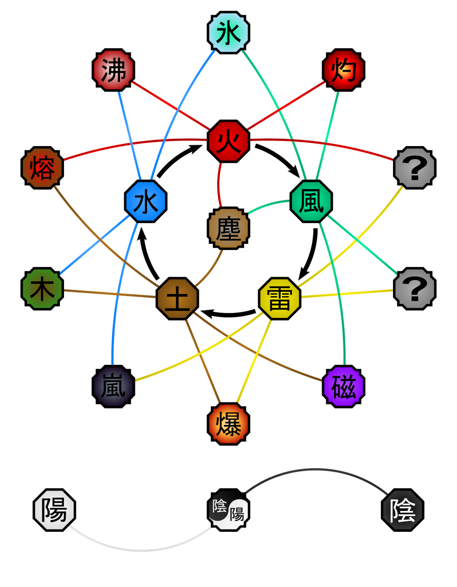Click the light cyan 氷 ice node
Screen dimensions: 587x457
pos(228,33)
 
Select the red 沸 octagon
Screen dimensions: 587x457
pos(114,70)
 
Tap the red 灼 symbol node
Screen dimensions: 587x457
pos(343,70)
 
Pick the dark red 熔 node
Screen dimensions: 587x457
pos(43,168)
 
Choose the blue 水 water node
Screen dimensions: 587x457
pos(146,201)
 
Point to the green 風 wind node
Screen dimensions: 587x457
pos(311,201)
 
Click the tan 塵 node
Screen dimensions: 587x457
pos(228,228)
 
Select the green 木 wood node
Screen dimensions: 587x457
pos(43,288)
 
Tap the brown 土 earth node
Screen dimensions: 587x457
pos(177,299)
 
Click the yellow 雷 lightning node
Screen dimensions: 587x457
pos(280,299)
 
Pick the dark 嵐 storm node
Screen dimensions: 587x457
pos(114,386)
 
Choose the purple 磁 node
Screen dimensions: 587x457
pos(343,386)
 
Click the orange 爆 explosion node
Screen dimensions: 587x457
pos(228,423)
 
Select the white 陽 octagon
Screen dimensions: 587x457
pos(55,510)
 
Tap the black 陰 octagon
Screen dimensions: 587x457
pos(402,510)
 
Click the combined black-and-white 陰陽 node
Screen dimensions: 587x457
pos(228,510)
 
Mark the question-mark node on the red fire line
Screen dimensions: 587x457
pos(415,168)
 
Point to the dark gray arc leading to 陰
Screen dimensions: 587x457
pos(315,469)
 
